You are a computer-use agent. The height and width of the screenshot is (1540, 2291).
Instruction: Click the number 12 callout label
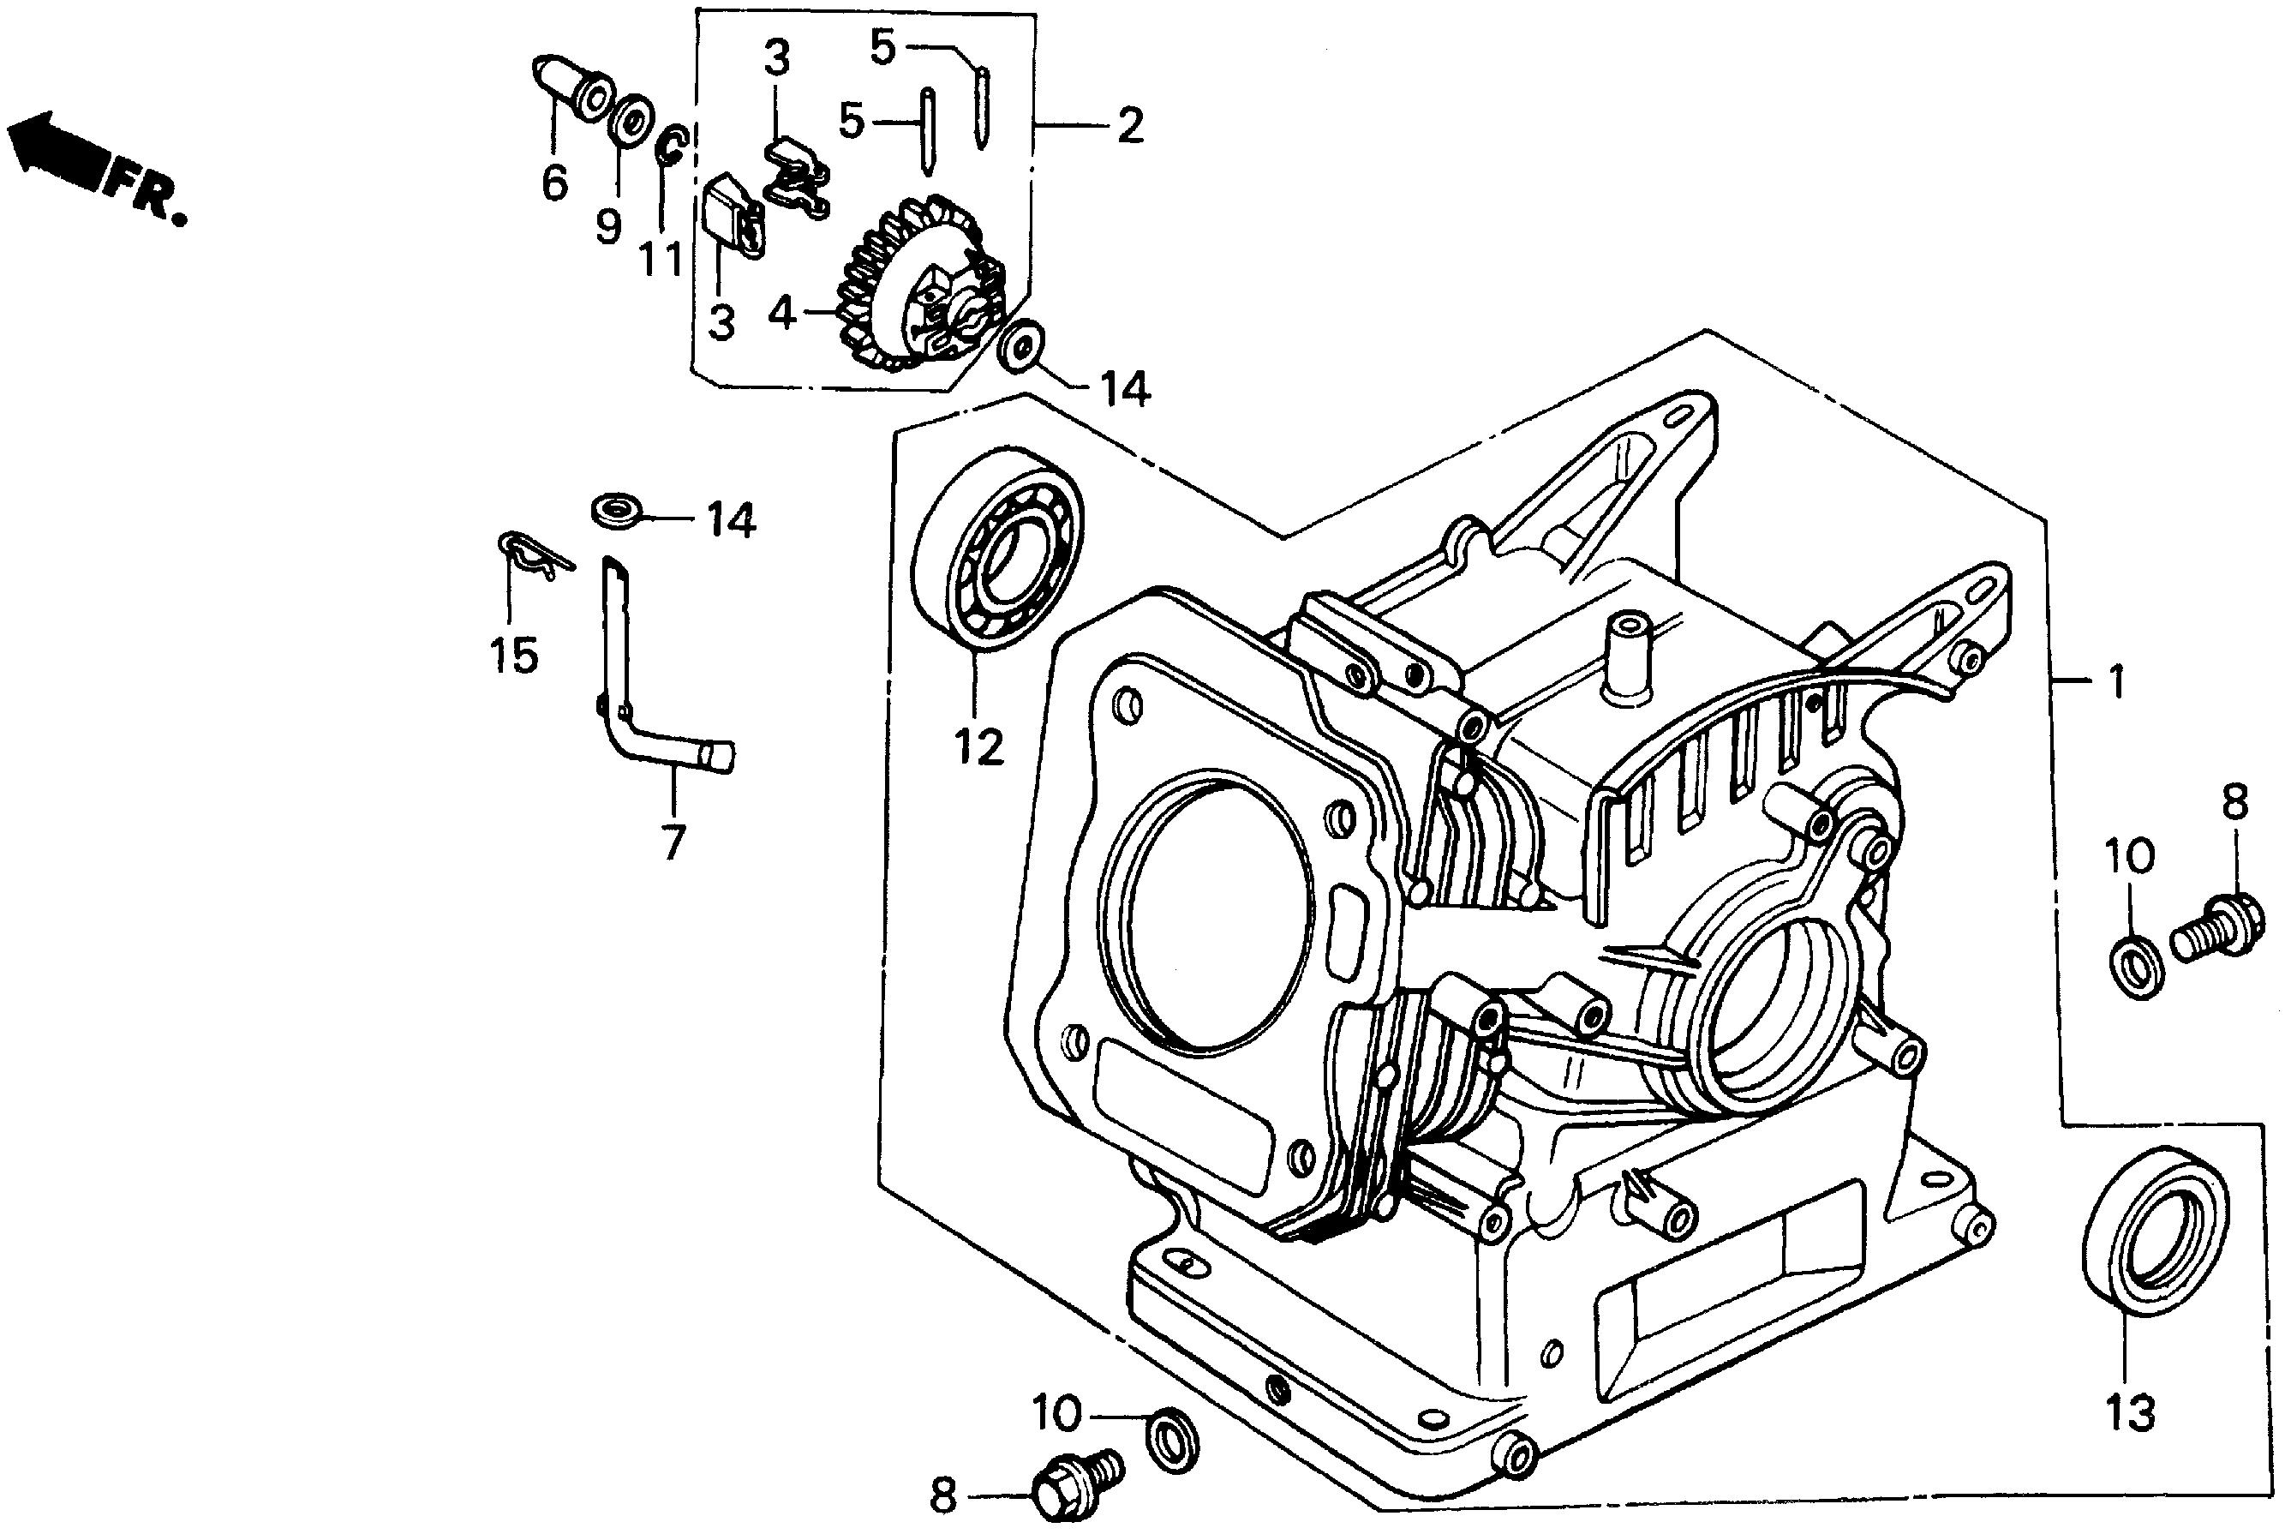click(x=978, y=747)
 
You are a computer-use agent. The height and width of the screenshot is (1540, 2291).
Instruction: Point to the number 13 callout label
click(x=2130, y=1412)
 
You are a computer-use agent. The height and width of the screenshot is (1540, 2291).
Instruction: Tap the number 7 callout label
click(x=673, y=841)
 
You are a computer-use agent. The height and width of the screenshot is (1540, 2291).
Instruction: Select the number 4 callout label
click(x=781, y=312)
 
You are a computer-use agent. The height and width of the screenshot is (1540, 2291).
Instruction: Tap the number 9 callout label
click(x=609, y=227)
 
